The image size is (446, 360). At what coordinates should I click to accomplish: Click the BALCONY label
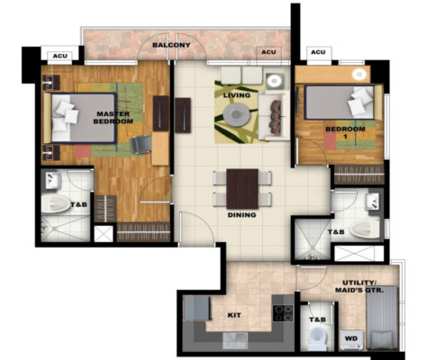click(171, 45)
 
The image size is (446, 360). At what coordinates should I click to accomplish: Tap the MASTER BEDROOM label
click(114, 118)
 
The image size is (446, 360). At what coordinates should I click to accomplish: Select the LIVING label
click(237, 95)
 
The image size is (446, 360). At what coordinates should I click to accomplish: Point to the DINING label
click(241, 215)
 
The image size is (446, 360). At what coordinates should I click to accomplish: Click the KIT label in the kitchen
click(234, 315)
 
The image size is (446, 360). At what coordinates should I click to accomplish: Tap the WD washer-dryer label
click(351, 338)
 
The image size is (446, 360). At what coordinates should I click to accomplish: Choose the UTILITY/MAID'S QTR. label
click(360, 286)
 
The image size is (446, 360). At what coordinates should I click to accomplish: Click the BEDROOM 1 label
click(345, 132)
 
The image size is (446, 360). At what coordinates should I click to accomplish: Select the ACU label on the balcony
click(269, 52)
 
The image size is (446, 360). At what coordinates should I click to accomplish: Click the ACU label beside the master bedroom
click(60, 56)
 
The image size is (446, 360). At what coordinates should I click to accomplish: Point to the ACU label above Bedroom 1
click(318, 52)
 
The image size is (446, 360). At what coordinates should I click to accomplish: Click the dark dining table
click(242, 189)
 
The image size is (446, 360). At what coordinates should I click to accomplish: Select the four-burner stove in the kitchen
click(283, 313)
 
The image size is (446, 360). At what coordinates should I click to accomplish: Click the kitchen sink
click(235, 341)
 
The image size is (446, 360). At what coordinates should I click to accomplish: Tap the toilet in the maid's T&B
click(318, 337)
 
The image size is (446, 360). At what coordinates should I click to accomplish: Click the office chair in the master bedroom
click(141, 145)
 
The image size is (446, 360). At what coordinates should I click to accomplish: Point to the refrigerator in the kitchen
click(196, 308)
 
